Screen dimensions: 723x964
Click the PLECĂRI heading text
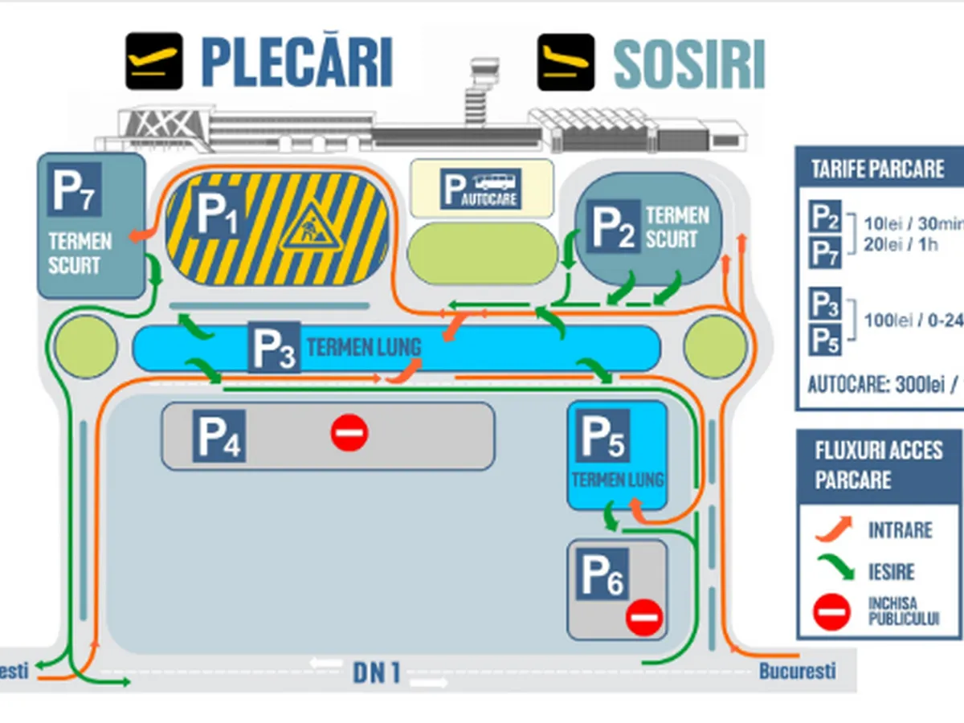tap(296, 61)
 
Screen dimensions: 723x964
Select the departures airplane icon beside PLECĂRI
tap(153, 61)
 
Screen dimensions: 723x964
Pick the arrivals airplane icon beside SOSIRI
tap(566, 62)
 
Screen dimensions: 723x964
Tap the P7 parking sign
tap(74, 190)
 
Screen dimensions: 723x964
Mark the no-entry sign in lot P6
tap(643, 617)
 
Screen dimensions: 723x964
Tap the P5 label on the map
tap(603, 436)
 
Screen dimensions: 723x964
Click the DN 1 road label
tap(377, 672)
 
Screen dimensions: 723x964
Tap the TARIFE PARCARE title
tap(877, 170)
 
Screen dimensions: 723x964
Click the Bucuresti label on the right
tap(797, 671)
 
